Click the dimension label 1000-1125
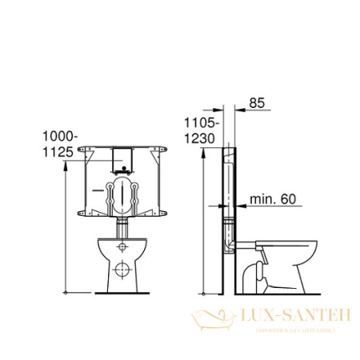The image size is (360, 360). [x=58, y=143]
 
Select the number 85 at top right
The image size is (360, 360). [x=258, y=102]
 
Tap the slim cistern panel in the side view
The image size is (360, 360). [x=229, y=192]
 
